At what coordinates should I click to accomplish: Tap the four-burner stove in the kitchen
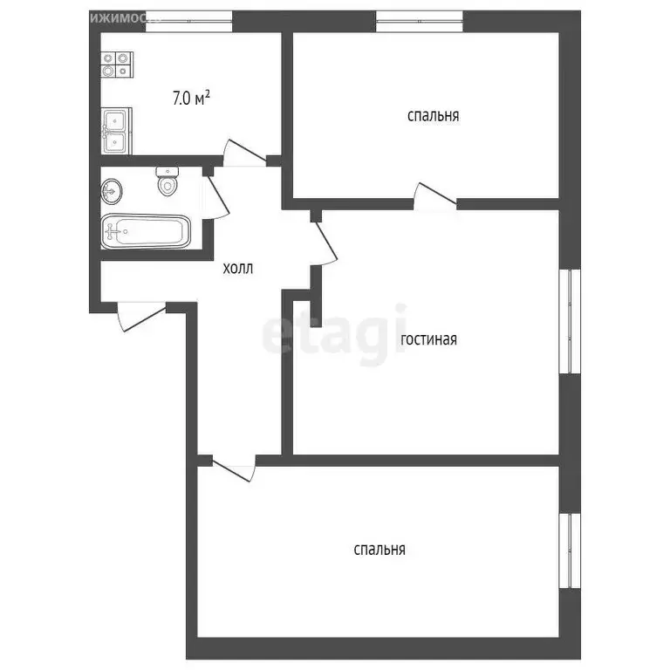pyautogui.click(x=118, y=63)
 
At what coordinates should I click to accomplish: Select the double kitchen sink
pyautogui.click(x=116, y=131)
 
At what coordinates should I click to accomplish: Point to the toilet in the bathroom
pyautogui.click(x=167, y=182)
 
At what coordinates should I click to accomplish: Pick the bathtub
pyautogui.click(x=145, y=231)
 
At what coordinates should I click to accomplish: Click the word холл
pyautogui.click(x=237, y=270)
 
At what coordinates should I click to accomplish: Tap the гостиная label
pyautogui.click(x=428, y=339)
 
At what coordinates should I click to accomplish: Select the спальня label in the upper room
pyautogui.click(x=433, y=115)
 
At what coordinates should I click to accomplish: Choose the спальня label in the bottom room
pyautogui.click(x=379, y=550)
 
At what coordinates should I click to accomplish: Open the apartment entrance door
pyautogui.click(x=140, y=315)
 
